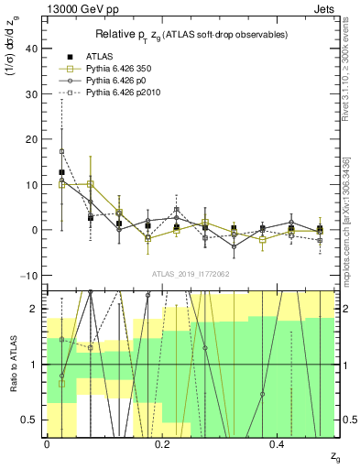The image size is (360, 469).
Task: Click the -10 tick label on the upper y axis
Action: click(x=31, y=275)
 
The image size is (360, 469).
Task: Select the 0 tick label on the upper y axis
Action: click(x=37, y=230)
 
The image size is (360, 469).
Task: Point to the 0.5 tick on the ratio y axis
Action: click(x=33, y=420)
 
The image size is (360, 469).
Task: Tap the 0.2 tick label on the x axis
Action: click(x=162, y=444)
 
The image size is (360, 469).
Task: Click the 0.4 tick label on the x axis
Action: click(x=278, y=444)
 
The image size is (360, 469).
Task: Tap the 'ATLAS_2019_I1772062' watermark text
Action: click(x=190, y=274)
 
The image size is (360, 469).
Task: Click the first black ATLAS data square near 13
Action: click(x=61, y=172)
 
